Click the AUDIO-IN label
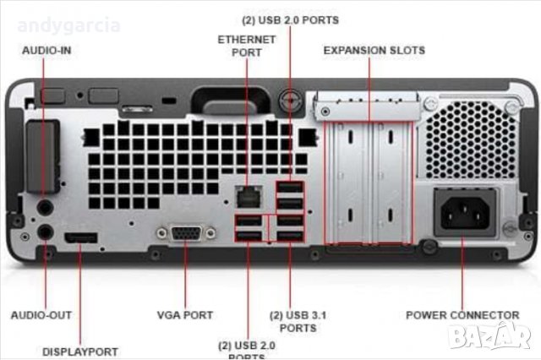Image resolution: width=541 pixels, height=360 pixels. [46, 51]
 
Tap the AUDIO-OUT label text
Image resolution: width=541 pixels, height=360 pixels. [41, 315]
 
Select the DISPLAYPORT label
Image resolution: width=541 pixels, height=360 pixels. [80, 351]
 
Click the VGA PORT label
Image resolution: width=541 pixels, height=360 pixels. [185, 315]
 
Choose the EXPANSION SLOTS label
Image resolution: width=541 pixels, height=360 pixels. [374, 51]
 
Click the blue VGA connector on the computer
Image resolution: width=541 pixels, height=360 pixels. [185, 234]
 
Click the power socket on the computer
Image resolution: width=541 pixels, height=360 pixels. [464, 211]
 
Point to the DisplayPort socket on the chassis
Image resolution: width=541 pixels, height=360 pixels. [81, 236]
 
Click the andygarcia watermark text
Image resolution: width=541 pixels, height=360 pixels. [68, 25]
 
